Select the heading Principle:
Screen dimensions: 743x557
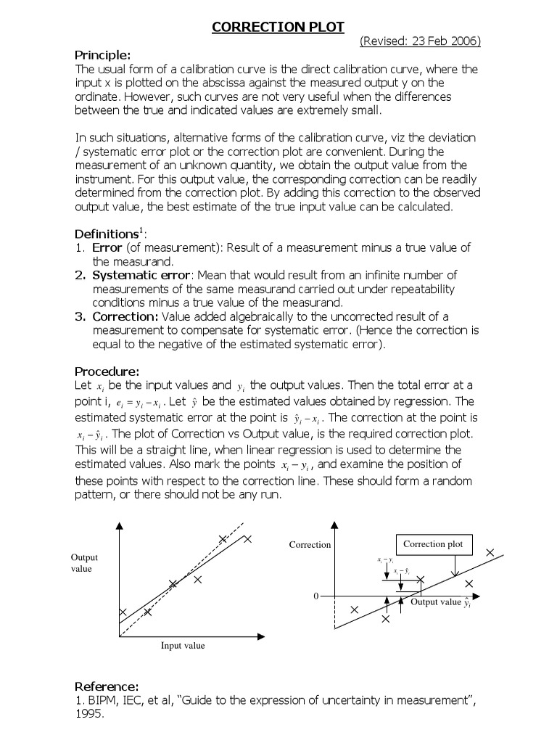click(103, 55)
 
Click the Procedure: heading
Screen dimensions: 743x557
click(107, 371)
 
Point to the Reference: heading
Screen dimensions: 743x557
click(107, 686)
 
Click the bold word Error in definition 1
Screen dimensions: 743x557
click(107, 248)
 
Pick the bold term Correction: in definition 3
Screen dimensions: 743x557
click(125, 316)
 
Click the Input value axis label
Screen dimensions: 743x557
click(183, 646)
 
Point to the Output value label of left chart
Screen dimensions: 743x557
click(83, 563)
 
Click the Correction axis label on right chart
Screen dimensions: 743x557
click(310, 544)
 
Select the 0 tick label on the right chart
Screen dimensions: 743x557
click(315, 596)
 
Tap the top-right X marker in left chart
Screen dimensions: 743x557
click(247, 539)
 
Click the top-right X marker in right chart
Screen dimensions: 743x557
click(490, 553)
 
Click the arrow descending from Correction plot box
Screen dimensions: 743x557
click(453, 566)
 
